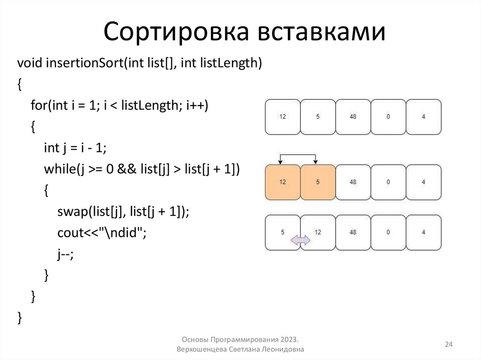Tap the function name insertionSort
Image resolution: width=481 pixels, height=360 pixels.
tap(84, 63)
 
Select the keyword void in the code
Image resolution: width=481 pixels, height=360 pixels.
tap(30, 63)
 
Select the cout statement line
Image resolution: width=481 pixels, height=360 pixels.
tap(101, 233)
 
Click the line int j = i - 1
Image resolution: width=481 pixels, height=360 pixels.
tap(75, 148)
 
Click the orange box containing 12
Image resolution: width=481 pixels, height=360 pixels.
tap(282, 182)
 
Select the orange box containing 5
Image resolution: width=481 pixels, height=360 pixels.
tap(318, 182)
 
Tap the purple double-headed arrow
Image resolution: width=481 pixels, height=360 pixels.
tap(301, 241)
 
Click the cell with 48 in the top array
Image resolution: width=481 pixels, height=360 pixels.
tap(353, 116)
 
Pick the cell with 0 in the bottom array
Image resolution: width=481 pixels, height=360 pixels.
tap(388, 232)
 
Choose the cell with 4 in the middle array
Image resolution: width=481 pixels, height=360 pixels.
tap(424, 182)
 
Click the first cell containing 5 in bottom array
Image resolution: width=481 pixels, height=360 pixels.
tap(282, 232)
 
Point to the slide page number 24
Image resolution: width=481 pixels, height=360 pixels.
tap(449, 345)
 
